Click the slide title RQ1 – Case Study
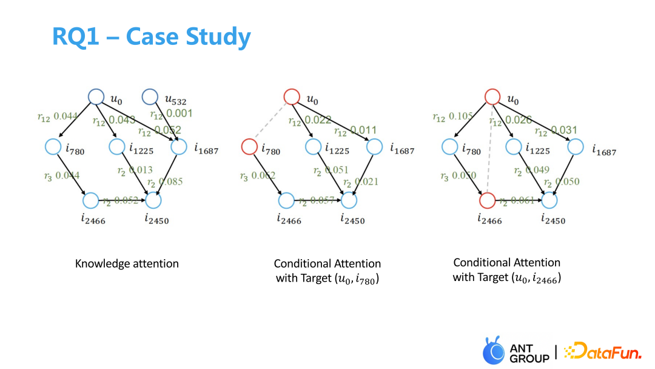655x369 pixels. (151, 37)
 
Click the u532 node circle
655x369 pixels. (149, 96)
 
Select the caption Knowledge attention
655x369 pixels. (127, 263)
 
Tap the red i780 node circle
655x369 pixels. (249, 147)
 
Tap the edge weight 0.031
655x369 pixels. (565, 130)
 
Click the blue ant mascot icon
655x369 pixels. (493, 351)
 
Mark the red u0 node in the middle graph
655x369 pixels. (292, 96)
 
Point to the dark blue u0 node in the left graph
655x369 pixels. (96, 96)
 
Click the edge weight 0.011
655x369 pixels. (363, 130)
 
